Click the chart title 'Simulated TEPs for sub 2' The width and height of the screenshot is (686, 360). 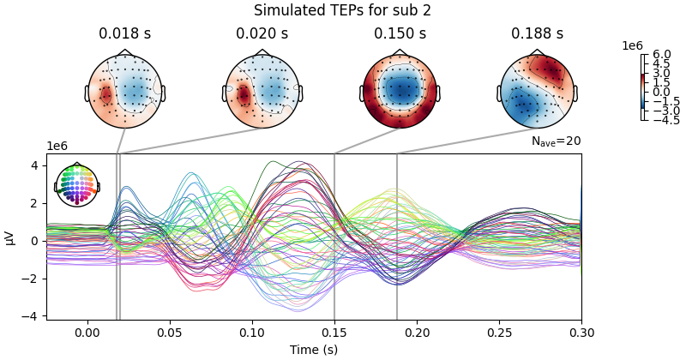tap(342, 10)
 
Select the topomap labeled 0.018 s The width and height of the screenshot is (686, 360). tap(124, 92)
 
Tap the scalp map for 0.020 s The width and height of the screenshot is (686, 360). tap(262, 92)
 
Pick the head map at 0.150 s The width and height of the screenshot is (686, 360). tap(400, 92)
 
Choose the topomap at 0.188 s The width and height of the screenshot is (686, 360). tap(537, 92)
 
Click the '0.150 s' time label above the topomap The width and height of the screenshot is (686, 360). tap(400, 34)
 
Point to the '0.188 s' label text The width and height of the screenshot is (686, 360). tap(537, 34)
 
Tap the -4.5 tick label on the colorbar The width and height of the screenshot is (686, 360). tap(662, 121)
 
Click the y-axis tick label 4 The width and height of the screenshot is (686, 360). tap(35, 165)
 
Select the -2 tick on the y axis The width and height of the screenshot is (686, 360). tap(33, 279)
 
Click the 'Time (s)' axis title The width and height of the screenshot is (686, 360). tap(314, 349)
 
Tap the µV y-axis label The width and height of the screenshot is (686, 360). tap(10, 237)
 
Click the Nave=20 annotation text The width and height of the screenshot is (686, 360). tap(556, 141)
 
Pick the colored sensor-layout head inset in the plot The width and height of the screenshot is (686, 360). tap(77, 185)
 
